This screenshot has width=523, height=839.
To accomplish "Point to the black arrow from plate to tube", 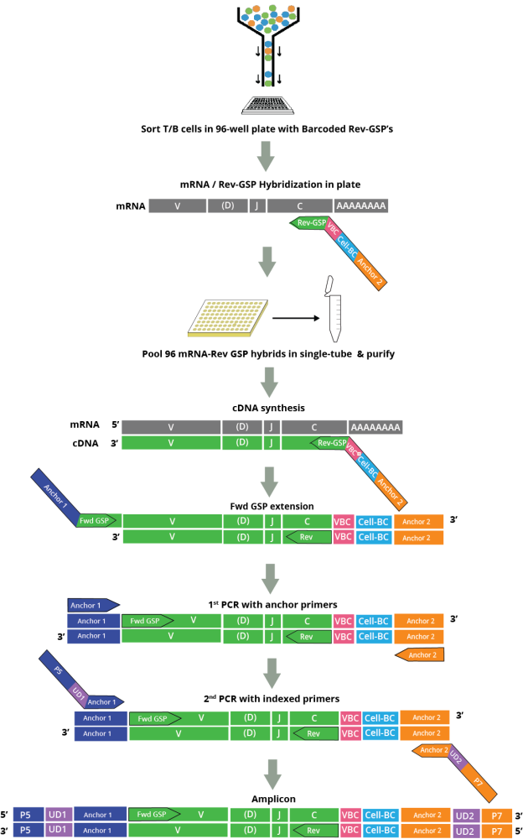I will coord(289,319).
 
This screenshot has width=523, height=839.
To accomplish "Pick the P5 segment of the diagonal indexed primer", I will coord(59,671).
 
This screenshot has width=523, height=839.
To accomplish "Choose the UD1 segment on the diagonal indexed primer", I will coord(78,690).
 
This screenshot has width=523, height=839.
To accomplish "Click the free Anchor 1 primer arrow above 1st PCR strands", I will coord(94,603).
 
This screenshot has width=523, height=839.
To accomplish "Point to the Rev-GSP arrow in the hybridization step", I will coord(308,223).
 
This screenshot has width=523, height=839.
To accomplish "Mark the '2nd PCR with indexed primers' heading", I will coord(265,698).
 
